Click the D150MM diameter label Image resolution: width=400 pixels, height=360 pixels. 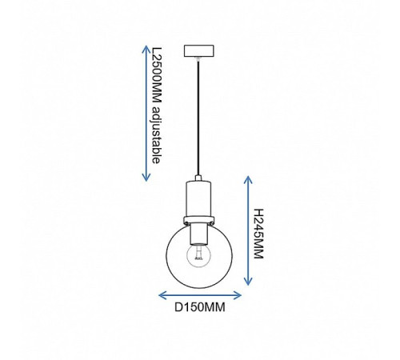click(x=200, y=307)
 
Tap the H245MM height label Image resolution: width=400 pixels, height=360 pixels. click(x=258, y=234)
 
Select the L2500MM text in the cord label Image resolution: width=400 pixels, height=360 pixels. click(x=157, y=75)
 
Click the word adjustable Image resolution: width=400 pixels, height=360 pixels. click(x=156, y=135)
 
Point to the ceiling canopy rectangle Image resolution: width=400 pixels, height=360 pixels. click(x=199, y=51)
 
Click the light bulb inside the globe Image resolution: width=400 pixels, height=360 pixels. click(x=198, y=256)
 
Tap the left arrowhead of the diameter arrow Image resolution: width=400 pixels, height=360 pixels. click(x=162, y=295)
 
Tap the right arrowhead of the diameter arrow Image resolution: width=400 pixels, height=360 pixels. click(x=238, y=295)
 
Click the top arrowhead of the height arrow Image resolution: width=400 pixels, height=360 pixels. click(x=248, y=180)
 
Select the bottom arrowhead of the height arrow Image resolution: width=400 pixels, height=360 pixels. click(x=248, y=282)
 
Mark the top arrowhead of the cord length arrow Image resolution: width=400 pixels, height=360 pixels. click(x=146, y=50)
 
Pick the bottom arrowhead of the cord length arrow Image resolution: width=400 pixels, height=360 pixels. click(x=146, y=177)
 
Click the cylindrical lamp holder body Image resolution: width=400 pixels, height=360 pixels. click(x=198, y=198)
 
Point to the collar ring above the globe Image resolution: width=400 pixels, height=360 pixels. click(x=198, y=221)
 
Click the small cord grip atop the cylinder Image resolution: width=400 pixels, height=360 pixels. click(x=198, y=178)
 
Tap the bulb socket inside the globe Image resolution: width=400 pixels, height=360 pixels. click(x=198, y=234)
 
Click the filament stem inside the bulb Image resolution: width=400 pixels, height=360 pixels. click(x=198, y=253)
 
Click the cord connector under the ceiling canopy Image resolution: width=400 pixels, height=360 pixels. click(x=198, y=59)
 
